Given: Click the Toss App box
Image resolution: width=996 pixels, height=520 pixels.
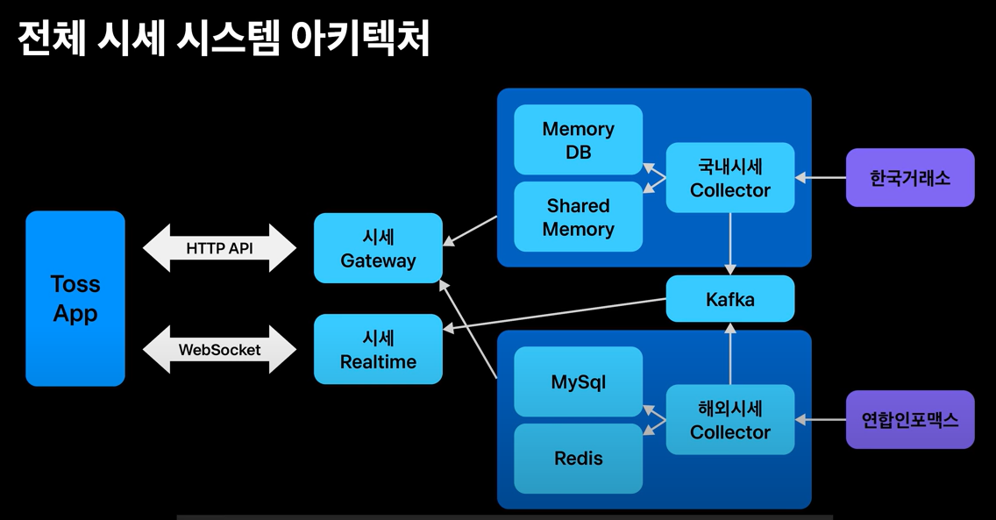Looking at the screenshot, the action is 75,298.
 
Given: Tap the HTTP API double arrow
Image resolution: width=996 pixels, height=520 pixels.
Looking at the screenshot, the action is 219,247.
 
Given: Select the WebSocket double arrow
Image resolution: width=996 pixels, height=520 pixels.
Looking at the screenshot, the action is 219,349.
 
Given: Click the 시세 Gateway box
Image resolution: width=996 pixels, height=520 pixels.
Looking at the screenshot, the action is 378,247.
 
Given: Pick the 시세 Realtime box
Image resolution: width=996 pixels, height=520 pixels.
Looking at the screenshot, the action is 378,349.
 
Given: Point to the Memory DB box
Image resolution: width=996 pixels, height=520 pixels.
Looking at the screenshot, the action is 578,139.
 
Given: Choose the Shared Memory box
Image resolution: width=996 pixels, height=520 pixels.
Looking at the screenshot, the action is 578,217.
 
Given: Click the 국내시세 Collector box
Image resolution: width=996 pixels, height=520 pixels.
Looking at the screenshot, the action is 729,178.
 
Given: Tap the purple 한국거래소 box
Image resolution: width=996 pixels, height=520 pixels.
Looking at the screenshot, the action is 909,178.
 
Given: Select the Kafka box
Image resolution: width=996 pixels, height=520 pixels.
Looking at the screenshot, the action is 729,299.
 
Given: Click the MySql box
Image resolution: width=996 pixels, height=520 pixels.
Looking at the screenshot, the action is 578,381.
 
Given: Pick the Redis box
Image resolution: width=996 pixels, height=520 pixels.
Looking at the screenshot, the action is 578,459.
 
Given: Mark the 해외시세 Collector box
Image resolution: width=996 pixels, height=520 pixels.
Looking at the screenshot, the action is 729,420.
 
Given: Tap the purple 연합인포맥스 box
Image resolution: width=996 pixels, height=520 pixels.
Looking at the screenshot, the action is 909,420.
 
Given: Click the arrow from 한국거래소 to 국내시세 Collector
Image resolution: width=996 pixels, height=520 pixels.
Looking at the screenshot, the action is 820,178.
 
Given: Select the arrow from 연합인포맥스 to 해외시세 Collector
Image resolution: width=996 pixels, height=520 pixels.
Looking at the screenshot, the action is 820,420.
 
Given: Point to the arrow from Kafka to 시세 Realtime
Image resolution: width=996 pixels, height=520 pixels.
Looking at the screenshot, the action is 554,314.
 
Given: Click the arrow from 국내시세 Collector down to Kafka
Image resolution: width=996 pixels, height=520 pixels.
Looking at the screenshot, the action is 729,244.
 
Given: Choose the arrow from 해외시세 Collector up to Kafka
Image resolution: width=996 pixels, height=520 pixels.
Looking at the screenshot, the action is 729,353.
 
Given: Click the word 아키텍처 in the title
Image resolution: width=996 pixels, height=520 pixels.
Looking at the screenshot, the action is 360,38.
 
